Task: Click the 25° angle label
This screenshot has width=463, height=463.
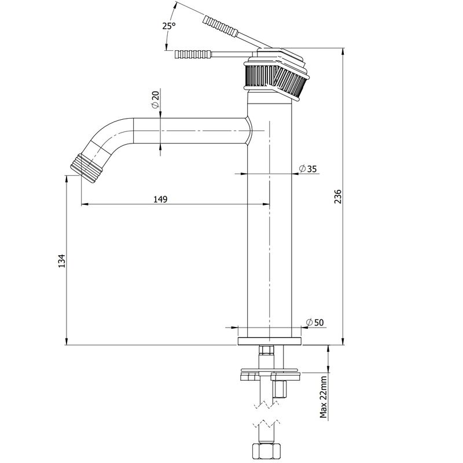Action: pyautogui.click(x=169, y=26)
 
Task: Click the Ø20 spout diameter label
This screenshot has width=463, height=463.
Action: pyautogui.click(x=155, y=100)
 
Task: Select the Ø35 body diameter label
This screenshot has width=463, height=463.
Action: pyautogui.click(x=308, y=169)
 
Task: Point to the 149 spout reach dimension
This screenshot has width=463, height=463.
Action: pyautogui.click(x=160, y=199)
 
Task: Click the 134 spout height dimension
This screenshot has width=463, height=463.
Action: pyautogui.click(x=61, y=260)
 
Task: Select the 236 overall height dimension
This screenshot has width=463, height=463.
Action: pyautogui.click(x=338, y=196)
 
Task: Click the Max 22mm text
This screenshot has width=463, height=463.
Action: pyautogui.click(x=324, y=396)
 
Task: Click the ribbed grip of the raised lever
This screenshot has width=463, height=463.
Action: pyautogui.click(x=220, y=27)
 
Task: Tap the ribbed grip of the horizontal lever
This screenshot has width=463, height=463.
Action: pyautogui.click(x=193, y=54)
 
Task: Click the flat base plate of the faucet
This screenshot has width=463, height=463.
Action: pyautogui.click(x=270, y=341)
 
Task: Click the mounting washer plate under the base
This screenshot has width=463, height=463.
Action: pyautogui.click(x=270, y=370)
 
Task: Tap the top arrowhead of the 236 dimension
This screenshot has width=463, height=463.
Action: pyautogui.click(x=343, y=52)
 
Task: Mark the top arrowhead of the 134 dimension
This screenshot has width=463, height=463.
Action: pyautogui.click(x=66, y=179)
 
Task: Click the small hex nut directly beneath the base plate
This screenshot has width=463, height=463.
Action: pyautogui.click(x=266, y=351)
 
